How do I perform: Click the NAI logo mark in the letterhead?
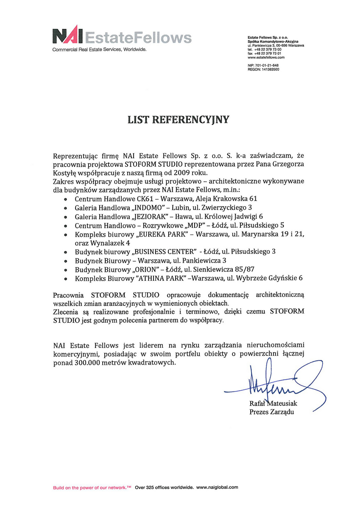(68, 36)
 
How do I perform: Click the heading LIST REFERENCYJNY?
(179, 120)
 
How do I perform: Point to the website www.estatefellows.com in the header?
(266, 57)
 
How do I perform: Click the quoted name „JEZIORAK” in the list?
(152, 216)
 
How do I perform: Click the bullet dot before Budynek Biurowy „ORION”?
(65, 270)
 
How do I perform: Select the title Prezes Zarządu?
(271, 411)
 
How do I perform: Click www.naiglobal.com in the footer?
(217, 488)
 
